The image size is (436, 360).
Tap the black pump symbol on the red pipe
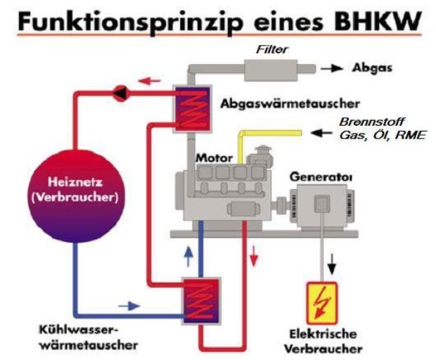(120, 91)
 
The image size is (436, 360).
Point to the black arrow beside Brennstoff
(322, 132)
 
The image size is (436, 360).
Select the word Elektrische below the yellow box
(323, 334)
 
